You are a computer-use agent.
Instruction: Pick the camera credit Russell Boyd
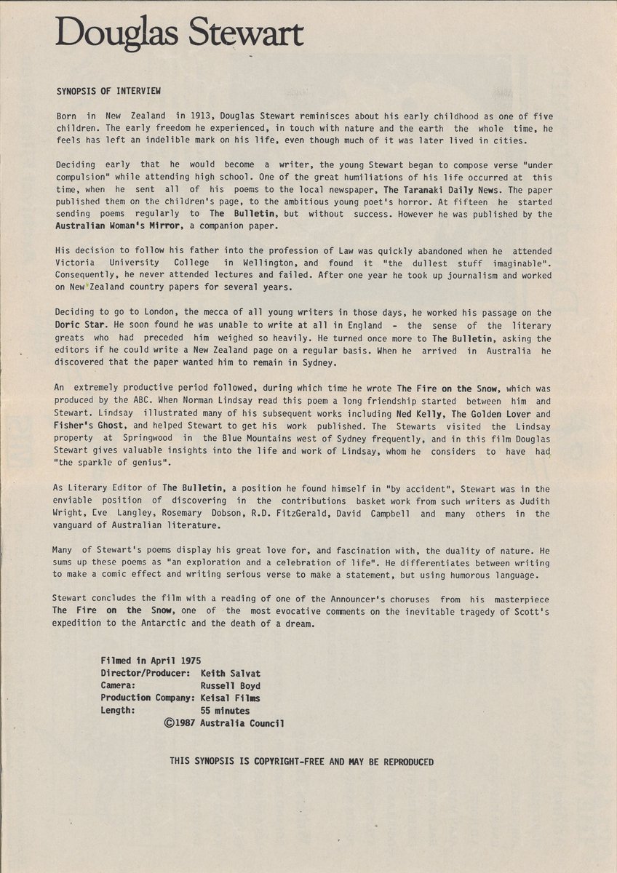pyautogui.click(x=230, y=685)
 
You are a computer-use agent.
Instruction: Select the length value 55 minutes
pyautogui.click(x=225, y=711)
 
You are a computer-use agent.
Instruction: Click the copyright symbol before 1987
pyautogui.click(x=171, y=724)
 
